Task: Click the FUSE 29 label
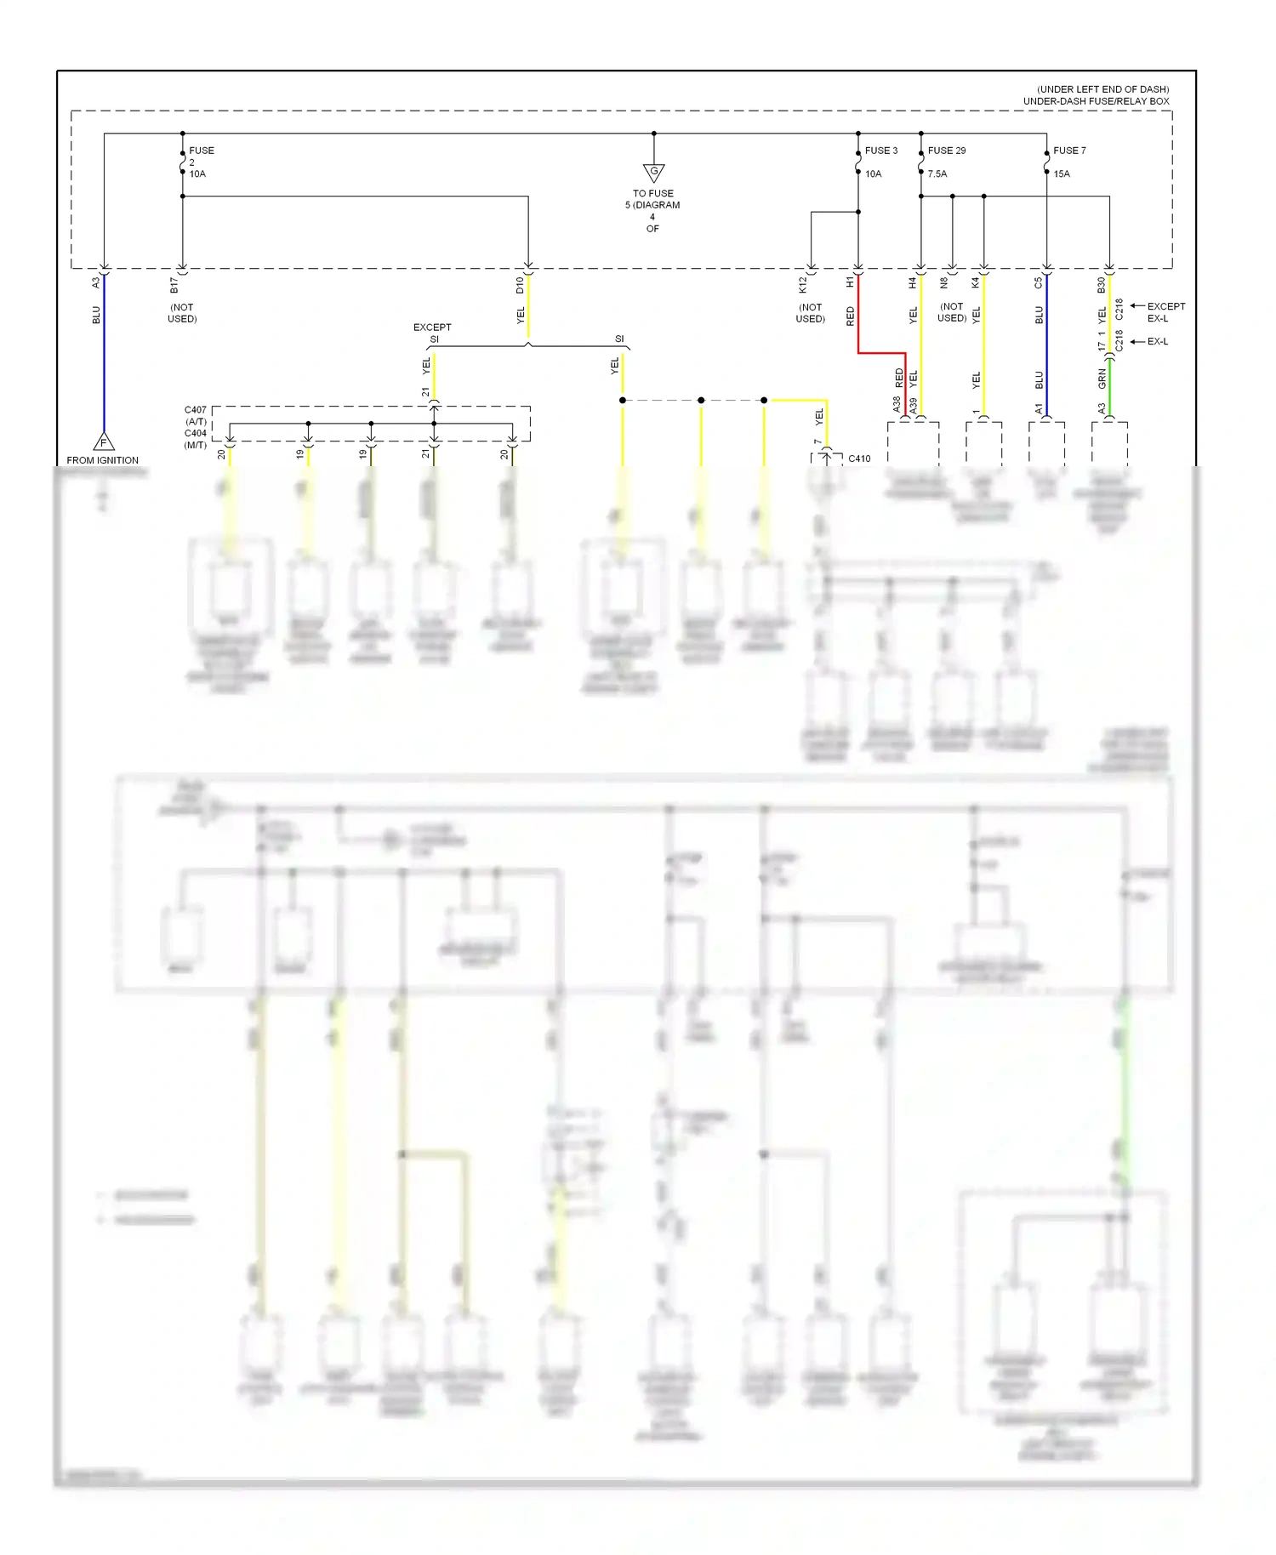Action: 946,151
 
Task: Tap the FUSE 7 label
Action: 1069,151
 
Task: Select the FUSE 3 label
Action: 880,151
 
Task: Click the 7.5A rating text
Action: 937,174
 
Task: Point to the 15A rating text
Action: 1062,174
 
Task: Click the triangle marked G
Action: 653,173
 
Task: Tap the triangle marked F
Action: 104,442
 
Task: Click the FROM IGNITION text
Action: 102,460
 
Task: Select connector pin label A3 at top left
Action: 95,282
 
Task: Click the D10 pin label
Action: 519,285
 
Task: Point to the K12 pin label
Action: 801,284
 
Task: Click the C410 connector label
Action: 859,459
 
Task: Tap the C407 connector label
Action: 196,410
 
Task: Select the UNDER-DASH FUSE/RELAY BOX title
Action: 1096,101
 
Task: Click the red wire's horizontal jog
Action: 882,352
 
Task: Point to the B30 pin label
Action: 1100,285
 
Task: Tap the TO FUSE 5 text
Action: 652,199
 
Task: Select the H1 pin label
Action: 849,282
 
